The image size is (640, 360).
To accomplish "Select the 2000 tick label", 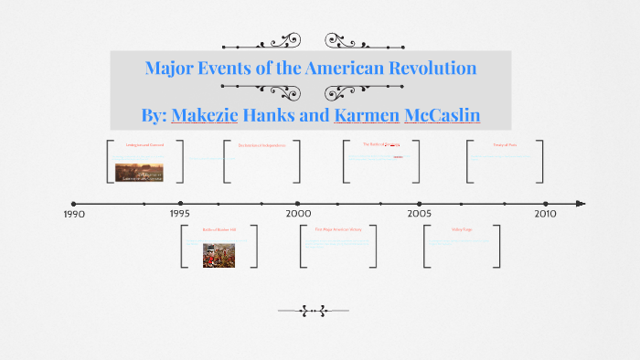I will point(298,213).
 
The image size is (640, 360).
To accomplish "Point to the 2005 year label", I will point(420,213).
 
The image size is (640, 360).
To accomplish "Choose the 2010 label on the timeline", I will point(545,213).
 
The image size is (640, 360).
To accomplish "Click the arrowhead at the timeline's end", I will point(581,204).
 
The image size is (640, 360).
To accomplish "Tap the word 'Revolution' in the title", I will point(429,69).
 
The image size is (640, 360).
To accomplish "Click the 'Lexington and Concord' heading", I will point(144,145).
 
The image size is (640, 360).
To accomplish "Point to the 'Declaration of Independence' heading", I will point(261,145).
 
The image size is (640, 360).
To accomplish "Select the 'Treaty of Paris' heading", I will point(505,145).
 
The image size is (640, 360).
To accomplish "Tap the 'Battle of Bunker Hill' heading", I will point(219,229).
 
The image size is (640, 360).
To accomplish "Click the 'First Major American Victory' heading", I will point(338,229).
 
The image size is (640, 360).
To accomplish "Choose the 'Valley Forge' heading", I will point(461,229).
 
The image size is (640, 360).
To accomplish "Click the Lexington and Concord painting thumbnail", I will point(139,172).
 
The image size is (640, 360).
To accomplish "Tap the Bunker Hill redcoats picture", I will point(220,255).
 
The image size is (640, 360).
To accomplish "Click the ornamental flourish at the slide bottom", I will point(314,312).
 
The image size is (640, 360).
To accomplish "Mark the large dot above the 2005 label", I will point(420,204).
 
